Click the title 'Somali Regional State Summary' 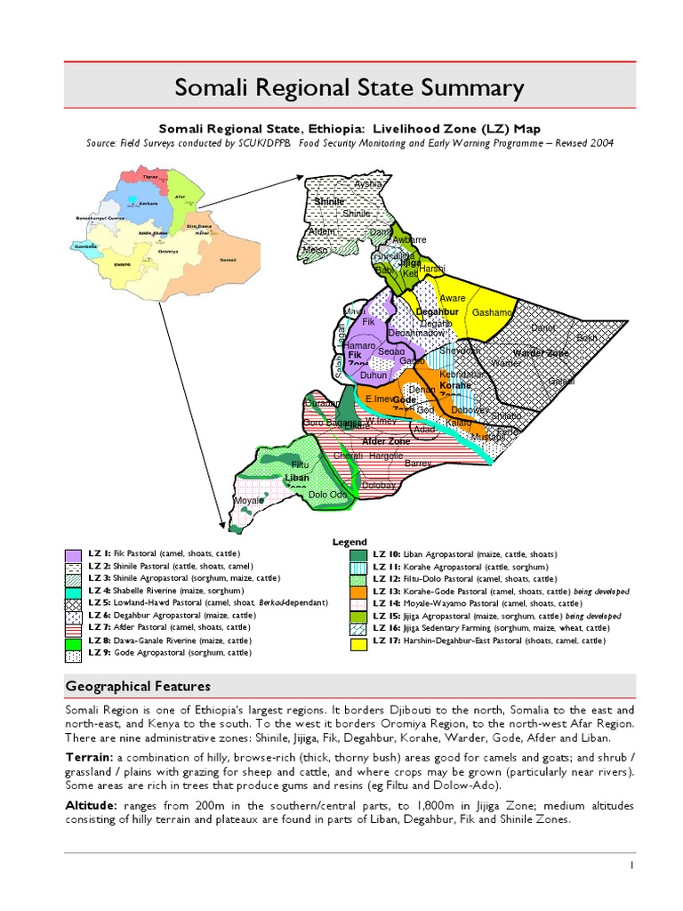tap(349, 88)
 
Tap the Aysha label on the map tap(367, 184)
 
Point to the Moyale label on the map tap(248, 501)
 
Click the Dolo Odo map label tap(327, 495)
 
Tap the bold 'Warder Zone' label tap(541, 353)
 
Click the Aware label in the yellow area tap(453, 299)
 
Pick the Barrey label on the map tap(418, 464)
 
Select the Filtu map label tap(300, 464)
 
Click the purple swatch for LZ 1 tap(73, 556)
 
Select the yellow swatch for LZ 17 tap(358, 643)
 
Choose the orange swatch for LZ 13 tap(358, 593)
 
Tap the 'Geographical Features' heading tap(138, 686)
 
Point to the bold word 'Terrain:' tap(88, 754)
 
